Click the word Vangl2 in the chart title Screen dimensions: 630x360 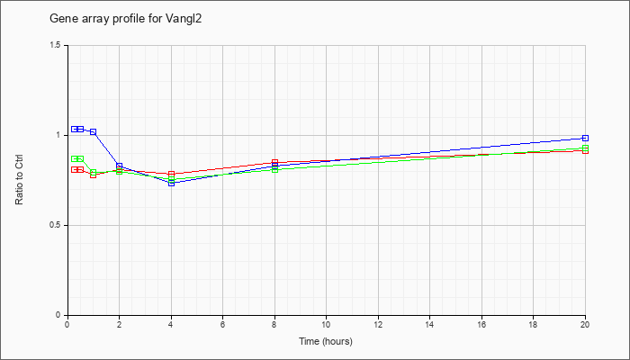pyautogui.click(x=184, y=19)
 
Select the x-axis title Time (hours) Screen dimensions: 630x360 pyautogui.click(x=326, y=341)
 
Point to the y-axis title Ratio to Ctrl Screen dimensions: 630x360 pyautogui.click(x=19, y=180)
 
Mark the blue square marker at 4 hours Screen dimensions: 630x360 pyautogui.click(x=172, y=183)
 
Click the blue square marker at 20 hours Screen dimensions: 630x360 pyautogui.click(x=585, y=139)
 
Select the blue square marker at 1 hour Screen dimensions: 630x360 pyautogui.click(x=94, y=131)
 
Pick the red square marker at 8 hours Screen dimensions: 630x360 pyautogui.click(x=274, y=162)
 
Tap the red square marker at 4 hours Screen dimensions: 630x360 pyautogui.click(x=172, y=174)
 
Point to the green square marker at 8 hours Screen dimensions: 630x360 pyautogui.click(x=274, y=169)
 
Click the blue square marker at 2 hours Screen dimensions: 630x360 pyautogui.click(x=120, y=166)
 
